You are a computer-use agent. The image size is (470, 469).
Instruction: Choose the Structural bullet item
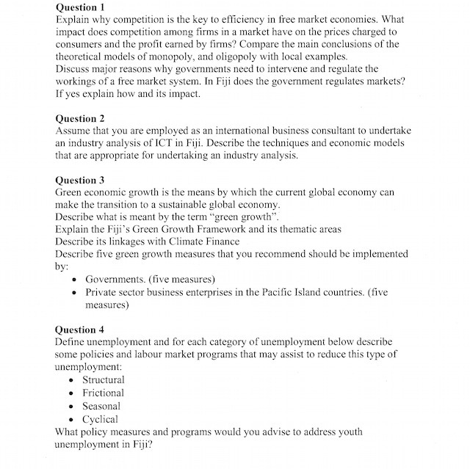coord(103,379)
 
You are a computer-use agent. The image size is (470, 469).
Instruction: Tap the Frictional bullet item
coord(103,393)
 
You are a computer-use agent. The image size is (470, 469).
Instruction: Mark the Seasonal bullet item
coord(101,406)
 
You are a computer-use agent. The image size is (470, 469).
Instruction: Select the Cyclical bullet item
coord(100,419)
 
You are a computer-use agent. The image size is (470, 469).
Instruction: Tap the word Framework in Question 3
coord(214,229)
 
